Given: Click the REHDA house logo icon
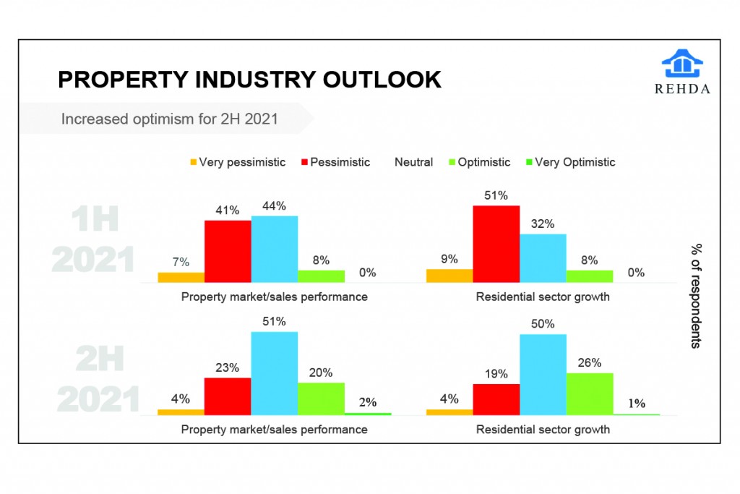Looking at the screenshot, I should click(681, 64).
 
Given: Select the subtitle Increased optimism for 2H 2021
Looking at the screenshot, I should click(169, 119).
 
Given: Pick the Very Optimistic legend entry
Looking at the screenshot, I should click(575, 162).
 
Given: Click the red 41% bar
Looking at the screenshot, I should click(228, 251).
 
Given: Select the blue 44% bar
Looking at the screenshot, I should click(275, 249).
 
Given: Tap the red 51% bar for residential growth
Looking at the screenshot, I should click(496, 244).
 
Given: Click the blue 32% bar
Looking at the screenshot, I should click(543, 258).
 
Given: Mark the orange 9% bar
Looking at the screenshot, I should click(449, 276).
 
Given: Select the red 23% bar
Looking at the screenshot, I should click(228, 396).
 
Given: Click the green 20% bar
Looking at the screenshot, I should click(321, 399).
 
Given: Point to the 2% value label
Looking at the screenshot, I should click(367, 402).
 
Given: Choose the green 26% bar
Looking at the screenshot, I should click(590, 394).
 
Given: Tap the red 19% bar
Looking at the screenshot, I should click(496, 399).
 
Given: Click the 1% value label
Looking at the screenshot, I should click(637, 404).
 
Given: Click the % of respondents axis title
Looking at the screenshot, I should click(695, 296).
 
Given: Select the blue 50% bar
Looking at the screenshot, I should click(543, 375).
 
